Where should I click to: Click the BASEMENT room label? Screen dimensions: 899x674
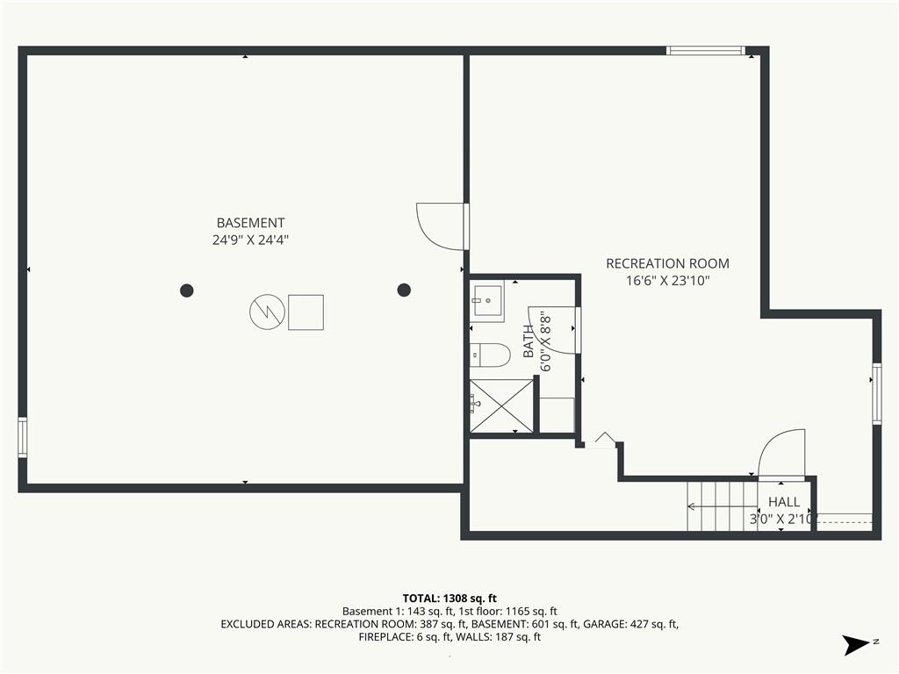coord(250,222)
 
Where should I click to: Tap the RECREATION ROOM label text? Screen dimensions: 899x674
coord(667,263)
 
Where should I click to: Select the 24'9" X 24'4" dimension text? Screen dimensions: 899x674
coord(250,240)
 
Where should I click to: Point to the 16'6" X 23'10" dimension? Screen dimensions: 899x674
coord(668,281)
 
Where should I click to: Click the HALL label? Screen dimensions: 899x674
coord(784,502)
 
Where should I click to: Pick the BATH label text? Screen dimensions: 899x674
coord(529,341)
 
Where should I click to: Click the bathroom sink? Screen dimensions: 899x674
coord(486,301)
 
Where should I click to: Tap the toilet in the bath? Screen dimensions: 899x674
coord(490,355)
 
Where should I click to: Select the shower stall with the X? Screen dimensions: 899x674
coord(501,405)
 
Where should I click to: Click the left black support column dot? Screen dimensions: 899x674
coord(187,290)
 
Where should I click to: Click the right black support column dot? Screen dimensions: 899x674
coord(404,290)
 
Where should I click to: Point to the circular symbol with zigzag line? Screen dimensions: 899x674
coord(267,312)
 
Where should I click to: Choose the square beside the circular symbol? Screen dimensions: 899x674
coord(306,312)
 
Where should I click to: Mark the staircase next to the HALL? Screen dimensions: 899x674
coord(723,506)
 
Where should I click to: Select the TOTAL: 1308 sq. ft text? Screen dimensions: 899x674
coord(449,599)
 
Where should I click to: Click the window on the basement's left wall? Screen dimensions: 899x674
coord(22,437)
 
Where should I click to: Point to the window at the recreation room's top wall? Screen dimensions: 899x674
coord(706,50)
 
